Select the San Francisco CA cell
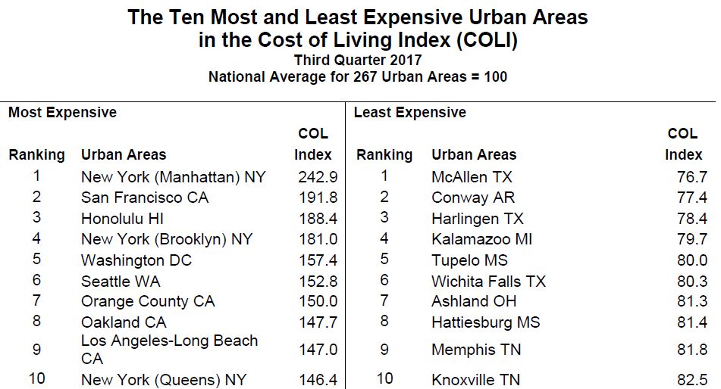tap(144, 198)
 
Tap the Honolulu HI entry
tap(121, 219)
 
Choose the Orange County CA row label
tap(147, 301)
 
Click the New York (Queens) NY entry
tap(163, 380)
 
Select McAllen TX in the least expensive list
tap(472, 177)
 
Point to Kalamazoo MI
tap(481, 239)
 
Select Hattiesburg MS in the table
tap(485, 322)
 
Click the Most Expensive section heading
tap(62, 113)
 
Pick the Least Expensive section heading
tap(410, 113)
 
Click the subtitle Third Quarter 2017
tap(358, 60)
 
